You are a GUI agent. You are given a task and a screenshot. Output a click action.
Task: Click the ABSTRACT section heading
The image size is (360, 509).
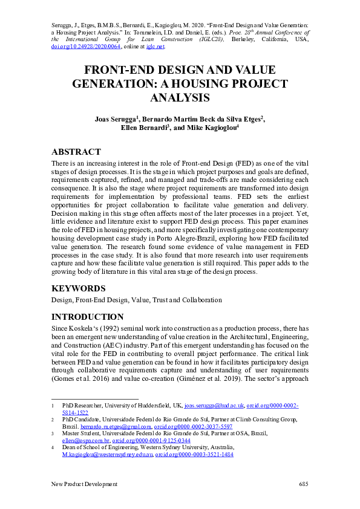coord(76,152)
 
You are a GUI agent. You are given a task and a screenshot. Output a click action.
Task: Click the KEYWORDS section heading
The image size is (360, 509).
coord(79,288)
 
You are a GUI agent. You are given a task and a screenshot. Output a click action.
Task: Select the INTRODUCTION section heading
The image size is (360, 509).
coord(87,317)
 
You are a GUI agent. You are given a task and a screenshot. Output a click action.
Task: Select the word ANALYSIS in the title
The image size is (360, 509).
coord(180,97)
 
